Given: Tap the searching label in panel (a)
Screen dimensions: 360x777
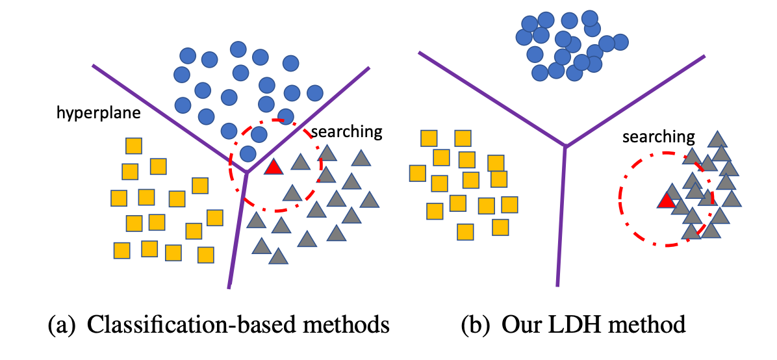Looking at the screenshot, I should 346,132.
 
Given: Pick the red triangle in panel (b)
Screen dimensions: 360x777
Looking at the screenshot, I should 665,200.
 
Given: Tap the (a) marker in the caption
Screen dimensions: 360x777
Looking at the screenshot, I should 61,324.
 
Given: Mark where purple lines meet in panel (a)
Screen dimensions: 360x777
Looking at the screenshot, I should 247,172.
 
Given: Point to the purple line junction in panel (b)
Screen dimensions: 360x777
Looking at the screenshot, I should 565,146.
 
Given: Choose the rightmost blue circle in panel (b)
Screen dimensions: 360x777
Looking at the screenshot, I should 620,42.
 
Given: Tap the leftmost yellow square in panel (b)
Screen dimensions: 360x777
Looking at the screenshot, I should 418,173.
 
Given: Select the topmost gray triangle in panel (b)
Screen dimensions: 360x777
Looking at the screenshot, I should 717,138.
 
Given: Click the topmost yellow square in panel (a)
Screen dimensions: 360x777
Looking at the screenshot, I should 134,146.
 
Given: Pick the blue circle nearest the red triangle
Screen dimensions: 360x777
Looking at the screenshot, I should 247,153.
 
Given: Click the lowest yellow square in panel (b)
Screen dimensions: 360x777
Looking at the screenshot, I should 465,231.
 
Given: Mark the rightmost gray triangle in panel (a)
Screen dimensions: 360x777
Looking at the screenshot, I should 370,199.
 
